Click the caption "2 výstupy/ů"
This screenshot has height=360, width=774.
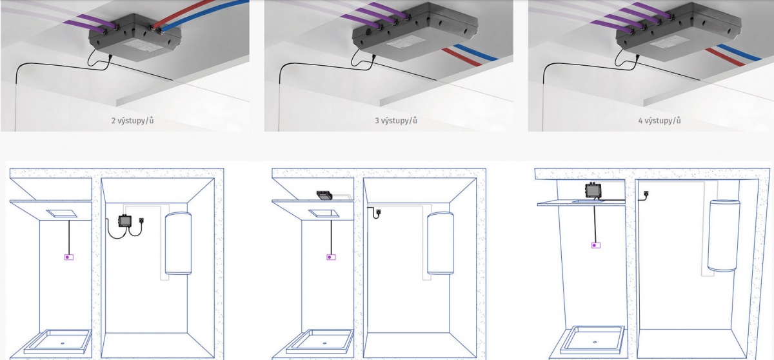point(132,121)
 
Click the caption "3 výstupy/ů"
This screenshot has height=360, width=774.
point(396,121)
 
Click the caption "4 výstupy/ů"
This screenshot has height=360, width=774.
point(660,121)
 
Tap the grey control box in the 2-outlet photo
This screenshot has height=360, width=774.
point(135,38)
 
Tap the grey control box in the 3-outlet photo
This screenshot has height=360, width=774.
point(415,33)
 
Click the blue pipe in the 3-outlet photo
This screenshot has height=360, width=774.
point(476,52)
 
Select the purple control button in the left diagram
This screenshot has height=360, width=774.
point(69,257)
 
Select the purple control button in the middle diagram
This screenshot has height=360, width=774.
point(331,257)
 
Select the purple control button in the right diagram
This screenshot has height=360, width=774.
point(595,245)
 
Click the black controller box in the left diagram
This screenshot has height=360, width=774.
point(124,221)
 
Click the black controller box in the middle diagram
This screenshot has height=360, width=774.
point(324,195)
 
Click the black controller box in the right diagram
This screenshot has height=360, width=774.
point(593,190)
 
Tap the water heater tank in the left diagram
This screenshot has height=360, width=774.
point(178,243)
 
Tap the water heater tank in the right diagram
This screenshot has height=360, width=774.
point(724,235)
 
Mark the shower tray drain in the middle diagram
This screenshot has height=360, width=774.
point(325,343)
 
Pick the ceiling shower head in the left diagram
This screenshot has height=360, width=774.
point(62,214)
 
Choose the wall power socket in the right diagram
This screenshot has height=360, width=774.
point(646,194)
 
